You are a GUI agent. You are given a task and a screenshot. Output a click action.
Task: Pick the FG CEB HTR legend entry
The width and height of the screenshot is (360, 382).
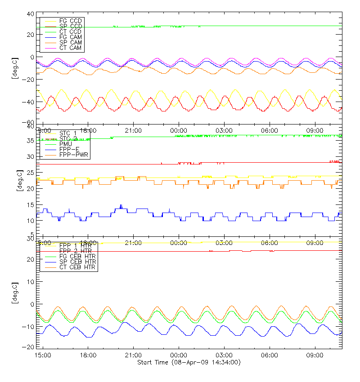click(77, 256)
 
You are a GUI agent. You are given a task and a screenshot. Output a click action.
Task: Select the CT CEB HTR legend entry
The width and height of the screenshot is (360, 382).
click(77, 267)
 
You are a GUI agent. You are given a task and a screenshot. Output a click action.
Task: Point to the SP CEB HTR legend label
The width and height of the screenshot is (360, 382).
click(77, 262)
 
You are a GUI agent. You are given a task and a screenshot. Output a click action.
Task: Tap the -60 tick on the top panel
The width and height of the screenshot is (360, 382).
click(29, 122)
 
